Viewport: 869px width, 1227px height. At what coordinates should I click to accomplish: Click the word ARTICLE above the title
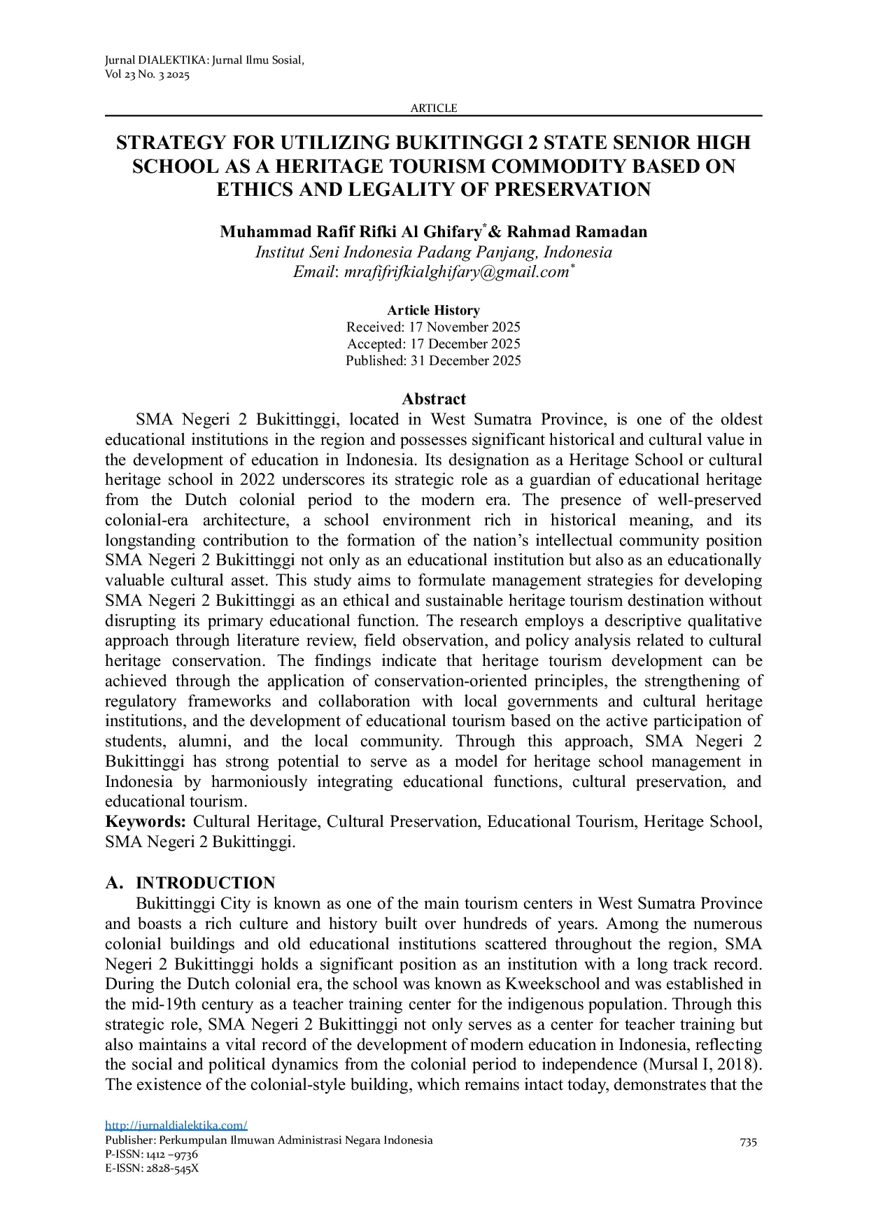coord(433,108)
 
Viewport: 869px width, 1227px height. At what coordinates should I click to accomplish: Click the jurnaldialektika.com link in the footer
coord(176,1126)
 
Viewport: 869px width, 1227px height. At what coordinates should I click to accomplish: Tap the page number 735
coord(748,1142)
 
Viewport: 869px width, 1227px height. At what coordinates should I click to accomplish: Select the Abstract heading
coord(433,399)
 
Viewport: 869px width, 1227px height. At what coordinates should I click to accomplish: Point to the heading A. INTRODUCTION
coord(190,883)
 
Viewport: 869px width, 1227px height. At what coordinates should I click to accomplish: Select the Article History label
coord(433,310)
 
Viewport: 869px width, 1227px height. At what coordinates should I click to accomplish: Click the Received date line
coord(433,327)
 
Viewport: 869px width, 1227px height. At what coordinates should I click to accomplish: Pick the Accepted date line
coord(433,343)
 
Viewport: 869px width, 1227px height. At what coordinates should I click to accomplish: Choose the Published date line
coord(433,360)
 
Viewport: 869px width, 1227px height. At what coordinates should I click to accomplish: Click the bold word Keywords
coord(145,821)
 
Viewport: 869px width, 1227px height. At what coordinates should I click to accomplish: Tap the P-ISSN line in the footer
coord(151,1154)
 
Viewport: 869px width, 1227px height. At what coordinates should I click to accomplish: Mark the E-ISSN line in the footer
coord(152,1168)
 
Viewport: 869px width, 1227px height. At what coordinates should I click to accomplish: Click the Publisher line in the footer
coord(269,1140)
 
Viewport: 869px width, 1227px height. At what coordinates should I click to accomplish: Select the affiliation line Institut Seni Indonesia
coord(433,252)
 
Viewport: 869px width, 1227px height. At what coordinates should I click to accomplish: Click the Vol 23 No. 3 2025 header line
coord(147,75)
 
